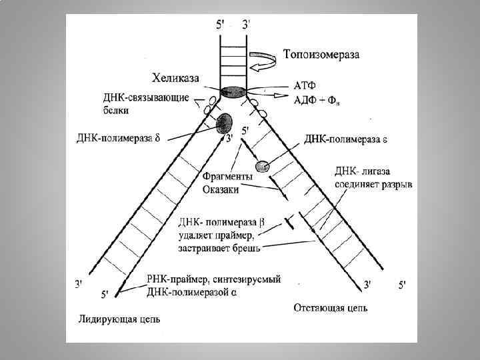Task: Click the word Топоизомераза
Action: pyautogui.click(x=321, y=55)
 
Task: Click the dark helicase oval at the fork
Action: pyautogui.click(x=234, y=93)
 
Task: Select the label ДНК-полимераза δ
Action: pyautogui.click(x=118, y=139)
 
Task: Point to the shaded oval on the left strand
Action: pyautogui.click(x=224, y=123)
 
